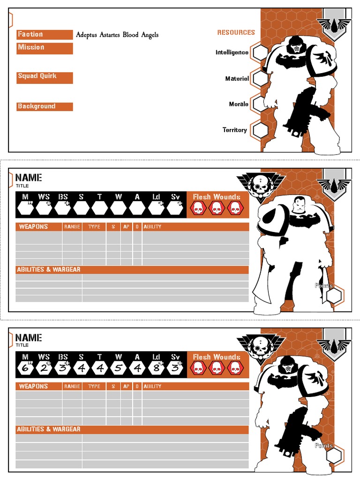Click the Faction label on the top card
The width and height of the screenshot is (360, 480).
pos(30,34)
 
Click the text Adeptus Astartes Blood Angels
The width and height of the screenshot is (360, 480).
pos(117,35)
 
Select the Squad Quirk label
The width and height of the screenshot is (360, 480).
pos(37,76)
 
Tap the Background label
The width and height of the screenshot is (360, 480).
pos(37,106)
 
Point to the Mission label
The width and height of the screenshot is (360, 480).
pos(31,47)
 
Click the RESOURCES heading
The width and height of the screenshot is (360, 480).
pos(236,32)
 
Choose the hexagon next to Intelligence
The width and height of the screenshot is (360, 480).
pos(260,52)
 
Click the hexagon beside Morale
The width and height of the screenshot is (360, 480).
pos(260,104)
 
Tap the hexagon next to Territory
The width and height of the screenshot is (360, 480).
pos(260,130)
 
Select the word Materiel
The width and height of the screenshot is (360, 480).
pos(237,79)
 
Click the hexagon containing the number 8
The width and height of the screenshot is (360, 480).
pos(156,367)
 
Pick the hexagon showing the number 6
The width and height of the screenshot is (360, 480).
pos(25,367)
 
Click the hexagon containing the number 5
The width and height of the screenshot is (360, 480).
pos(119,367)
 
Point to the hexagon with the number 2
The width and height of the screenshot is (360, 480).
pos(44,367)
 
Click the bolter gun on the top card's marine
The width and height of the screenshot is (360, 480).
pos(300,112)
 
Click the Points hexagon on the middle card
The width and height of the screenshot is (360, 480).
pos(334,296)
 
